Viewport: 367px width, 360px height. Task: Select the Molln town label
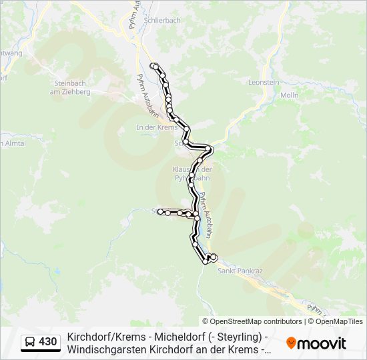tap(289, 95)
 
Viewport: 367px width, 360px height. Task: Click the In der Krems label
tap(155, 127)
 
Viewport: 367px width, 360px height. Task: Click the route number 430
tap(47, 342)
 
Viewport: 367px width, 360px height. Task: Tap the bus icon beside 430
tap(30, 342)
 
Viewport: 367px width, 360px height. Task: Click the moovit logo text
tap(322, 343)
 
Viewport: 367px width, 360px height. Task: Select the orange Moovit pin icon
tap(291, 343)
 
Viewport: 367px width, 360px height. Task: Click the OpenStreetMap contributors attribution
tap(252, 321)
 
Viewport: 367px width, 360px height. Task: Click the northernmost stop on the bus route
tap(154, 65)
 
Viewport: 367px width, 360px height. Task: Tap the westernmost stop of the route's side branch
tap(160, 211)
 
